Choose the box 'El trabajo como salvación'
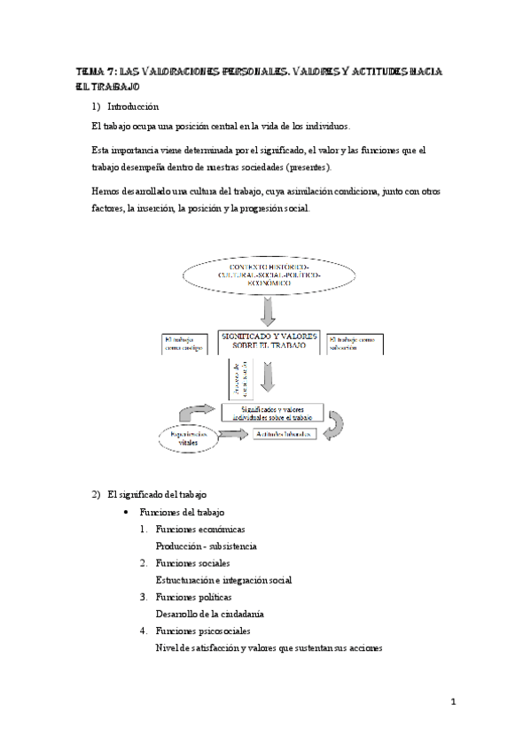point(355,344)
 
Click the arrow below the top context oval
point(269,313)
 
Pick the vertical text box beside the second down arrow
point(237,378)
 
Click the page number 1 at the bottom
point(452,702)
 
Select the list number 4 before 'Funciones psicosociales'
point(142,631)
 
